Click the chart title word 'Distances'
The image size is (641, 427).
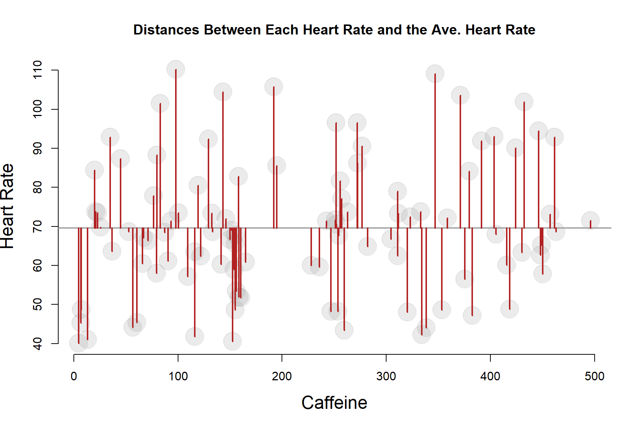[166, 30]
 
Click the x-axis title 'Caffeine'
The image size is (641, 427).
[334, 403]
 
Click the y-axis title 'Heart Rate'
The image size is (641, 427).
[7, 206]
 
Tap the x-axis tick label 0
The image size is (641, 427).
[74, 376]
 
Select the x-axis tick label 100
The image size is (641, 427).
[178, 376]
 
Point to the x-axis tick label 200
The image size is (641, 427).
[282, 376]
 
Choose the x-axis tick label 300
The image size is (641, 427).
[386, 376]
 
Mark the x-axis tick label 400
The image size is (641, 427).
[490, 376]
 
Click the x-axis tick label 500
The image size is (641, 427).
[594, 376]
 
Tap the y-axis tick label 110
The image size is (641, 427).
[38, 70]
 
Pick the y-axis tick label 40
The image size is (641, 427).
[38, 344]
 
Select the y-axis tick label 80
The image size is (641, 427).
[38, 187]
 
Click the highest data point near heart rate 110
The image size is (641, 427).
[176, 69]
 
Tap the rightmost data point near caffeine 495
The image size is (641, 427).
[590, 221]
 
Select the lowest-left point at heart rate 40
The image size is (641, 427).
[79, 343]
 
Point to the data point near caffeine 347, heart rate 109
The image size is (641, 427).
[435, 74]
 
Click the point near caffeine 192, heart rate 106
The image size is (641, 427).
[274, 87]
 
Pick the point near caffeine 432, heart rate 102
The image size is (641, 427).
[524, 102]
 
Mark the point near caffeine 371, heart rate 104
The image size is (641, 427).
[460, 95]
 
